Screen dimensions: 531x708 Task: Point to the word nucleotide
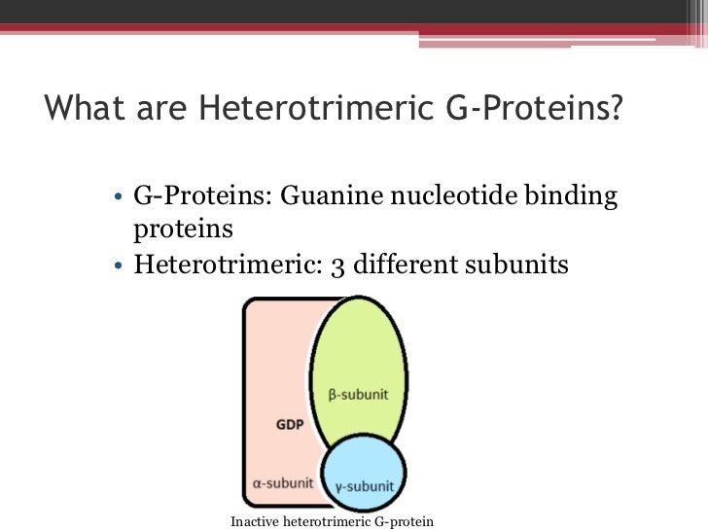(457, 196)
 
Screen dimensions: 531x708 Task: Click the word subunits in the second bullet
(515, 263)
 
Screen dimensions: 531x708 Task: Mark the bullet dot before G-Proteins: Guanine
(116, 198)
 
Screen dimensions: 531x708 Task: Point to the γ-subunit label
(364, 485)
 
